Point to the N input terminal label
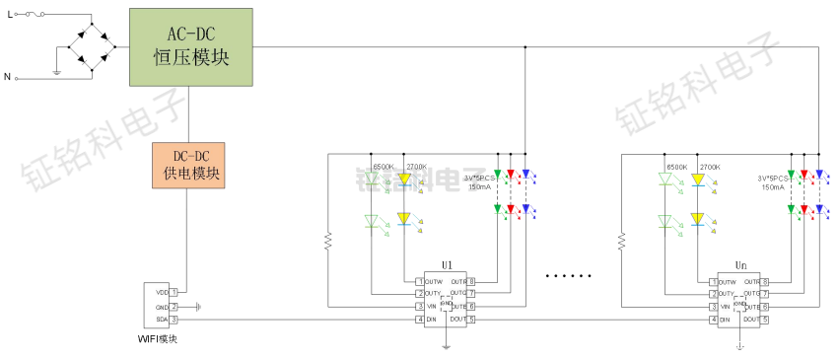8,76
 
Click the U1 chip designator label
447,266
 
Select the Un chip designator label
740,266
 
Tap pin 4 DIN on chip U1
420,320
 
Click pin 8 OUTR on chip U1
471,282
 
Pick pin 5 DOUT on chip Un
765,320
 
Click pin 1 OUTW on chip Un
714,282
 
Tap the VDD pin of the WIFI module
174,292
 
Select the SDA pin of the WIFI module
174,320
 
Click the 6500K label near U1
383,167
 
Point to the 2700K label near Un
710,167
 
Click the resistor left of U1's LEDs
328,241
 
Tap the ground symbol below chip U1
446,345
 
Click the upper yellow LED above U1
403,180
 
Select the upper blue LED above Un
819,176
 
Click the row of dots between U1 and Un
567,275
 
